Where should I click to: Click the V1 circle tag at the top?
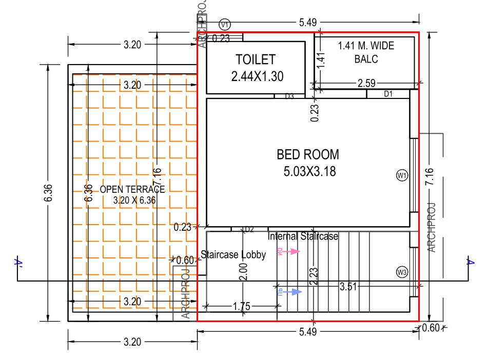pos(224,24)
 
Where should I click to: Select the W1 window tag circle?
pos(402,176)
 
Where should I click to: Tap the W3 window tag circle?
pos(402,272)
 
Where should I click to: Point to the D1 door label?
pos(388,94)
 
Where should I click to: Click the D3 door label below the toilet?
pos(289,96)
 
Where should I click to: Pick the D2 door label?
pos(249,229)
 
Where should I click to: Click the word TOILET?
pos(256,59)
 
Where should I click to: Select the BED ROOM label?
pos(308,154)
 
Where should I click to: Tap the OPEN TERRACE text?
pos(132,189)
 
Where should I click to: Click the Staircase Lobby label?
pos(233,254)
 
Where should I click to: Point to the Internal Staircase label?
pos(303,236)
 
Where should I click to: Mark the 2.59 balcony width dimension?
pos(366,83)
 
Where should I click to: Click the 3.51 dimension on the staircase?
pos(348,287)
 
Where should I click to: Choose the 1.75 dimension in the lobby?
pos(241,307)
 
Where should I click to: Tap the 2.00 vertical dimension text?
pos(244,271)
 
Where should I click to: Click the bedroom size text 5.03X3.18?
pos(309,171)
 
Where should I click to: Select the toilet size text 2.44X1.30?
pos(258,76)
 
